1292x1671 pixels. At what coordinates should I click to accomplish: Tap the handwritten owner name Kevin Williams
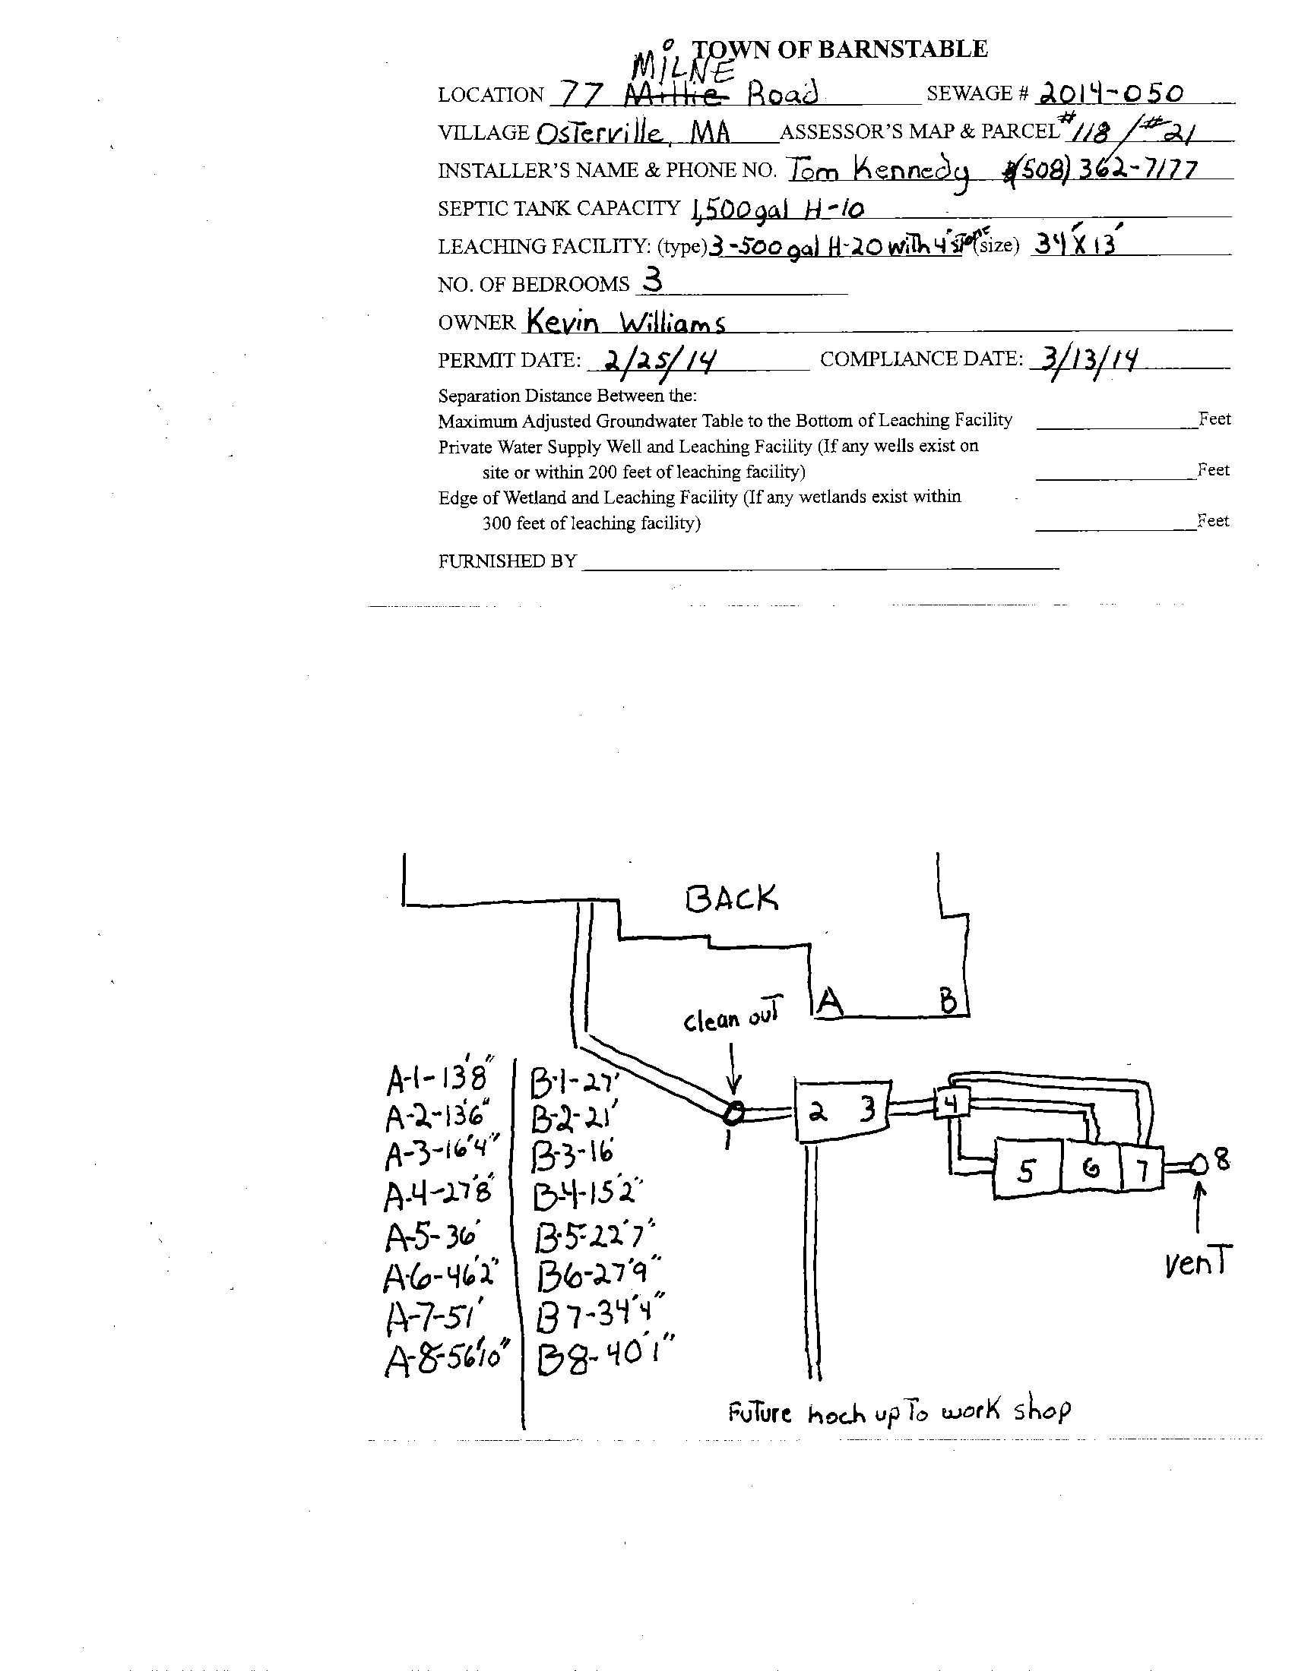click(x=625, y=322)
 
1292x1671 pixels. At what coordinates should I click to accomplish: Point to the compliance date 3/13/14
click(x=1085, y=359)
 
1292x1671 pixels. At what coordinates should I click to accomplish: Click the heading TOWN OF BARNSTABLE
click(x=840, y=49)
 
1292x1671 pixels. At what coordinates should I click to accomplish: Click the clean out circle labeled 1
click(x=733, y=1114)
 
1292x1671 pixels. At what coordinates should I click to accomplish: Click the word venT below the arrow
click(x=1198, y=1263)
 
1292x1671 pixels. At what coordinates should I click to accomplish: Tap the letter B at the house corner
click(x=948, y=1001)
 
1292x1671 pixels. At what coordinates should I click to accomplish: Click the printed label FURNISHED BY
click(x=507, y=561)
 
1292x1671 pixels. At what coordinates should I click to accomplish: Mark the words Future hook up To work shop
click(x=899, y=1412)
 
